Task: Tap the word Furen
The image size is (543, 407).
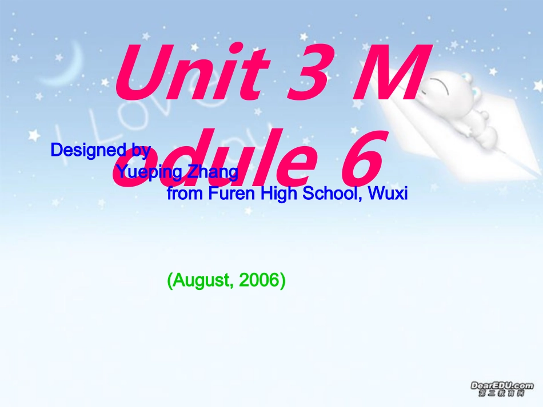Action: (x=233, y=194)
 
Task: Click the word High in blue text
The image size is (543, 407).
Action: (x=278, y=194)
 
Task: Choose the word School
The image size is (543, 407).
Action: (x=332, y=194)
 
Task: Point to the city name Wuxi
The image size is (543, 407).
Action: (x=388, y=194)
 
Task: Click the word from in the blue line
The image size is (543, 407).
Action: (x=184, y=194)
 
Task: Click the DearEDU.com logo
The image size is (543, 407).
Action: (x=502, y=385)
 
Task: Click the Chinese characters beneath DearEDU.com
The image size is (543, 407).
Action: (x=502, y=394)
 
